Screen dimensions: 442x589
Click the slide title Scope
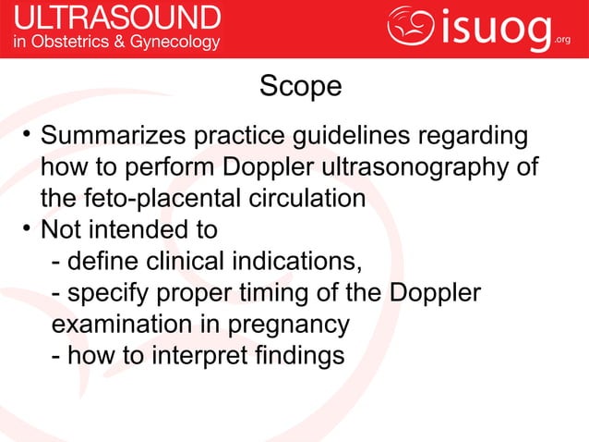300,87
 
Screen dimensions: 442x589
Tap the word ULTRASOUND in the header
115,18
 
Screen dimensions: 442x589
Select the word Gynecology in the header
178,42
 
